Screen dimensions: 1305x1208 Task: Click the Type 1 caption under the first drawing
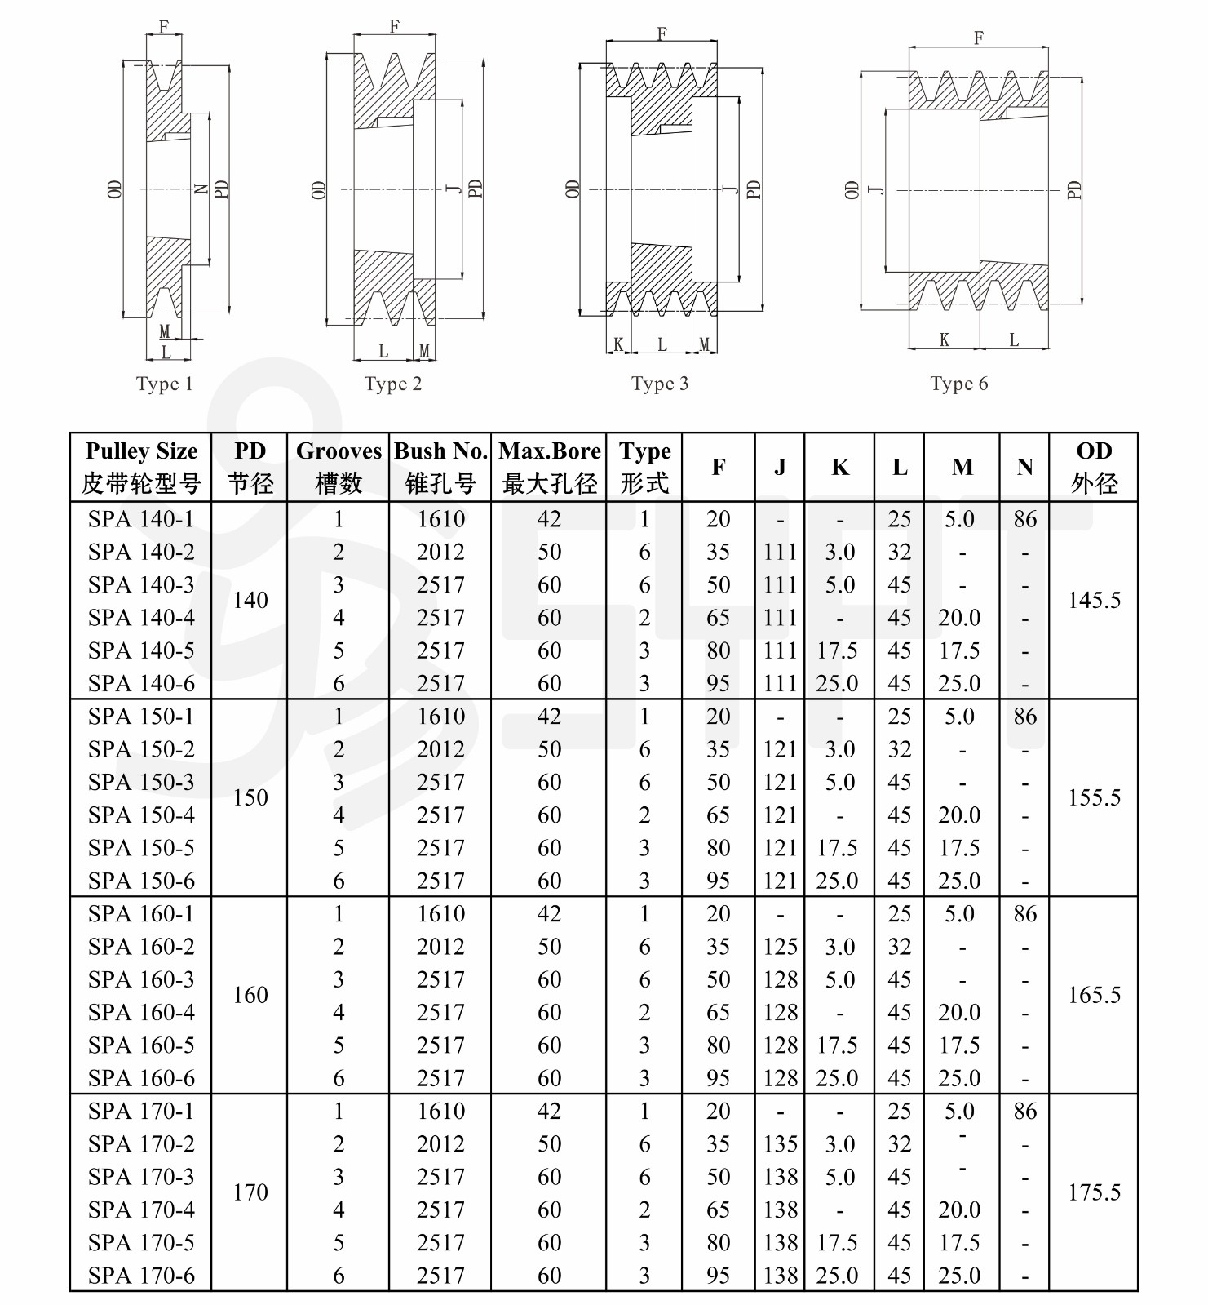164,384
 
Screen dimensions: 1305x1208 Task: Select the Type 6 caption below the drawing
958,384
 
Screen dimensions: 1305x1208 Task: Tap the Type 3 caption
659,384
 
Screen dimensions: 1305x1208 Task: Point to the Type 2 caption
393,384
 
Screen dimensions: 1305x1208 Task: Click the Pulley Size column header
141,467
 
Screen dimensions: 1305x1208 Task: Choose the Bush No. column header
440,467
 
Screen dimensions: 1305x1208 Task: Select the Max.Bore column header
549,467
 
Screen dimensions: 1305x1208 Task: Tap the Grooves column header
339,467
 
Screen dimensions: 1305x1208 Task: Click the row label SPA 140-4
141,618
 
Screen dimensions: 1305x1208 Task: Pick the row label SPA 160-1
141,914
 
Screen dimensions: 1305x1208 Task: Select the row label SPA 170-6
141,1276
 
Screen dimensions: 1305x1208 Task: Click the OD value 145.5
1094,601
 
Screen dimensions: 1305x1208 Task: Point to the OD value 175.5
1094,1192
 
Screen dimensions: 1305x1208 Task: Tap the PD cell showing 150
250,797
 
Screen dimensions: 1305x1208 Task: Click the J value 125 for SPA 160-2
780,947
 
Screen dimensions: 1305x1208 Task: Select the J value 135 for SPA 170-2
780,1144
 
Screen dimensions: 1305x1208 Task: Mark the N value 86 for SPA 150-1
1024,717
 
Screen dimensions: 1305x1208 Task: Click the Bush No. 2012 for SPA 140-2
440,552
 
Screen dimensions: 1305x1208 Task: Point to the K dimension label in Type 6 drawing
944,340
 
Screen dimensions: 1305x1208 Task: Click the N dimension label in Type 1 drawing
201,189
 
